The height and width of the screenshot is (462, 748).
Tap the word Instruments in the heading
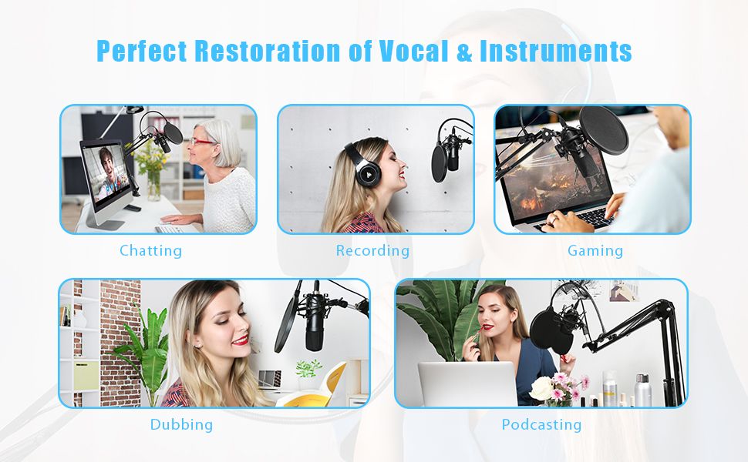[556, 51]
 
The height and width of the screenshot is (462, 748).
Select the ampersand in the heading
[464, 52]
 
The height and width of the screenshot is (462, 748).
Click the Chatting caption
[150, 250]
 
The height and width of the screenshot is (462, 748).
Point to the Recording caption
[372, 250]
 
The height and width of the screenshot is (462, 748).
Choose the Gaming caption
[595, 250]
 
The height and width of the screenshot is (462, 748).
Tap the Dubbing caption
[181, 424]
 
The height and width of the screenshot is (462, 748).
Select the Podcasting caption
[541, 424]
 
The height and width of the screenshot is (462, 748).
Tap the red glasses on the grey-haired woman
[202, 142]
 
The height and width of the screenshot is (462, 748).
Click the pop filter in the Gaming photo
[604, 130]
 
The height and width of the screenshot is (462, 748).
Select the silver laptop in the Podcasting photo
[467, 383]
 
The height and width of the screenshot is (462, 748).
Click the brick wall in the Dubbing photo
[120, 343]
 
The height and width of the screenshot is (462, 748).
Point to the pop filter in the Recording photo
[439, 163]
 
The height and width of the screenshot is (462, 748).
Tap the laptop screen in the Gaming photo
[554, 179]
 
